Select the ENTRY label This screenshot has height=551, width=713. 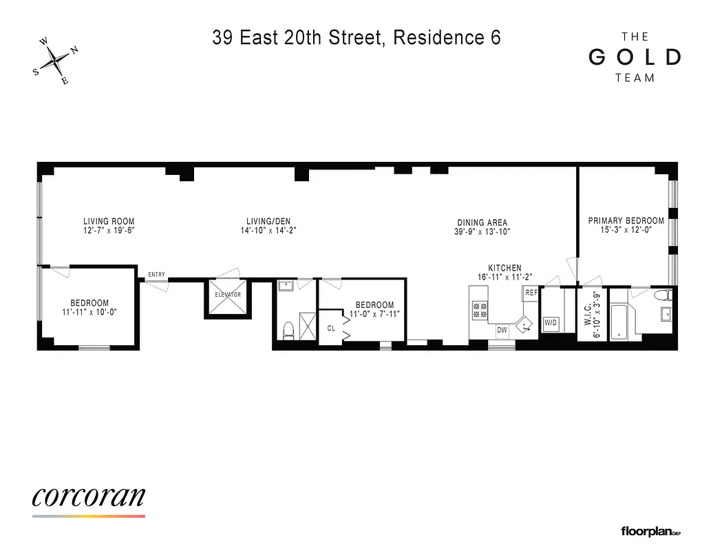[156, 275]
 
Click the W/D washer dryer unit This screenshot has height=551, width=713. [551, 322]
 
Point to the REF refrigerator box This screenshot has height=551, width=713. [531, 293]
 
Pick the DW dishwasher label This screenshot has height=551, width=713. [502, 330]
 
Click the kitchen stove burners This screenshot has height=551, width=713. [480, 310]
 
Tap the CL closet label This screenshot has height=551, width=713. [331, 329]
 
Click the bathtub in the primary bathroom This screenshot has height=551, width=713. [621, 320]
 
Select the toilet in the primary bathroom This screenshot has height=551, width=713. [662, 295]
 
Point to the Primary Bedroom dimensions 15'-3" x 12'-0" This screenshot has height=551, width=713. [626, 230]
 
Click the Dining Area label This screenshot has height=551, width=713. [482, 222]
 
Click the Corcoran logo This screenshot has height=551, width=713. [89, 497]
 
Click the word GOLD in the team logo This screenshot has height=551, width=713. [635, 57]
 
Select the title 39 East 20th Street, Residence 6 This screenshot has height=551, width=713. [356, 38]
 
